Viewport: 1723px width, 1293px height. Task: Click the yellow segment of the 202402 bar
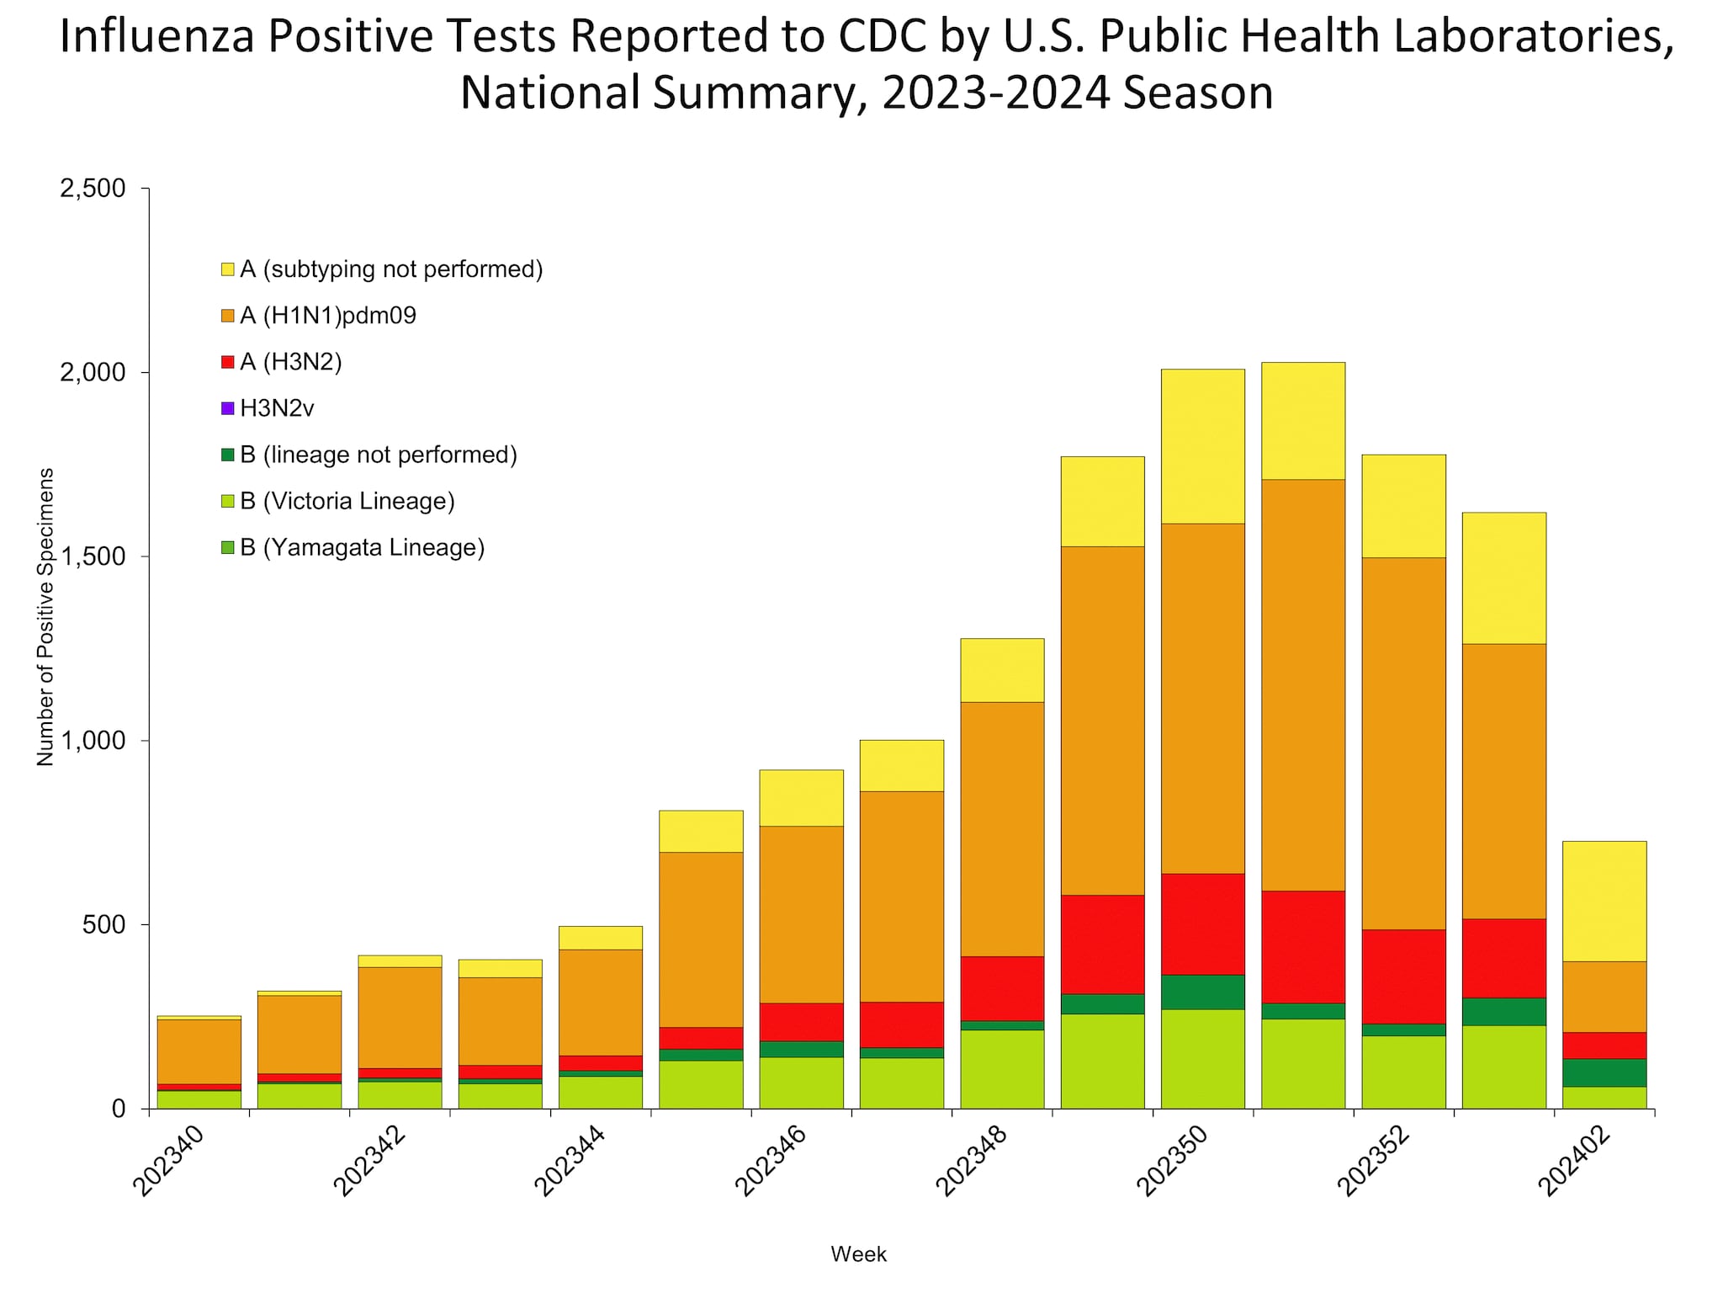[1604, 901]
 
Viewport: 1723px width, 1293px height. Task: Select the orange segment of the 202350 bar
[1202, 698]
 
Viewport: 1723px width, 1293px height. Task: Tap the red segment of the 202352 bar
[1403, 976]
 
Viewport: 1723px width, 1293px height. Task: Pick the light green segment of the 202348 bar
[1002, 1069]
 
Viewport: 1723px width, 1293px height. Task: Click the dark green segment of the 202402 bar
[1604, 1072]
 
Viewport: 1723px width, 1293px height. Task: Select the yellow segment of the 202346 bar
[801, 797]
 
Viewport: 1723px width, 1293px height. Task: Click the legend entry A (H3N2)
[290, 362]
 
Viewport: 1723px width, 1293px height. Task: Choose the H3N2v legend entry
[277, 408]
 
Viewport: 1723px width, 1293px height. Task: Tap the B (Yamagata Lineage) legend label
[362, 548]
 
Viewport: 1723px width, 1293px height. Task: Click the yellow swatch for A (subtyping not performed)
[227, 269]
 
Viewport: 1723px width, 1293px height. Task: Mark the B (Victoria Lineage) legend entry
[347, 502]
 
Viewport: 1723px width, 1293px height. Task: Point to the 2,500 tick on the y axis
[93, 189]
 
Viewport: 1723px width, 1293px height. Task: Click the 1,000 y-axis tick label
[93, 741]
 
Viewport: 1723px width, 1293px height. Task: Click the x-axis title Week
[858, 1254]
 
